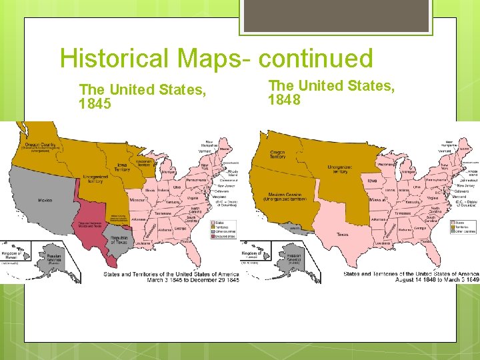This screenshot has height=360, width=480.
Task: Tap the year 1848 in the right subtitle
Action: (x=285, y=100)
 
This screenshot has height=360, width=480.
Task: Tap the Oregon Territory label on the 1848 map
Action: (x=278, y=155)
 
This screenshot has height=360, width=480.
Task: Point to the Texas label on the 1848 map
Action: (x=343, y=234)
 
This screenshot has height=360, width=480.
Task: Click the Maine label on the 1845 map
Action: (x=225, y=149)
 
